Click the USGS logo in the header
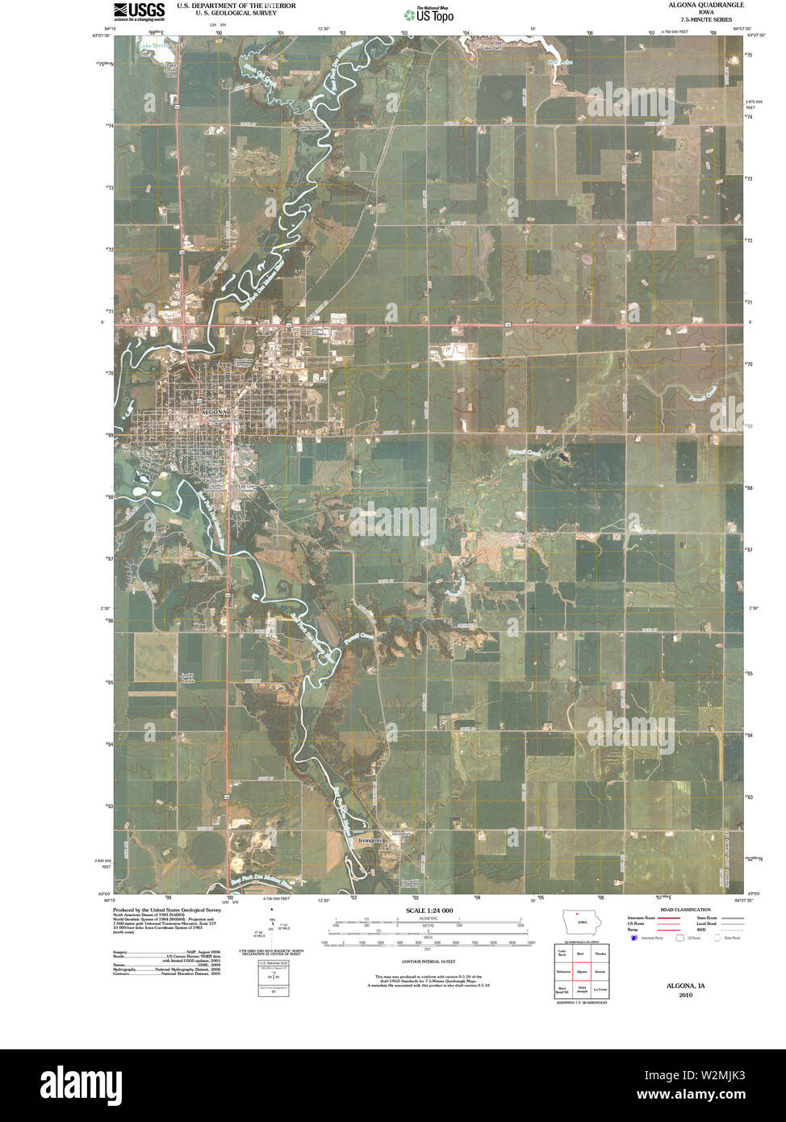[x=139, y=10]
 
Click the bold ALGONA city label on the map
[x=214, y=412]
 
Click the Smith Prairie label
[x=187, y=678]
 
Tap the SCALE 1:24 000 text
[x=429, y=911]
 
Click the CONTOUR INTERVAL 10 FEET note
[x=429, y=962]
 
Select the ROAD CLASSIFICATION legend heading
[x=684, y=910]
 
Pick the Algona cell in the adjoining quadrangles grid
[x=581, y=972]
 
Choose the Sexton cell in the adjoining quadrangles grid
[x=600, y=972]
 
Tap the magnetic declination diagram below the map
[x=273, y=932]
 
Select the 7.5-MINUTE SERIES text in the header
[x=706, y=18]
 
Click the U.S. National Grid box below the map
[x=273, y=978]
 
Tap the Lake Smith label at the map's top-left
[x=155, y=46]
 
